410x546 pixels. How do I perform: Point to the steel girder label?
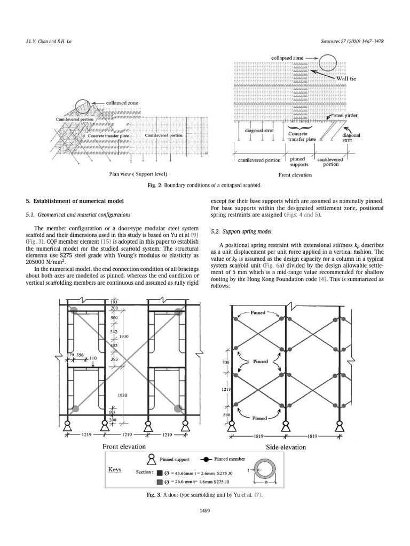(x=346, y=115)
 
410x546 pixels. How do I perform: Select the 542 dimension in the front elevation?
(x=113, y=332)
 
